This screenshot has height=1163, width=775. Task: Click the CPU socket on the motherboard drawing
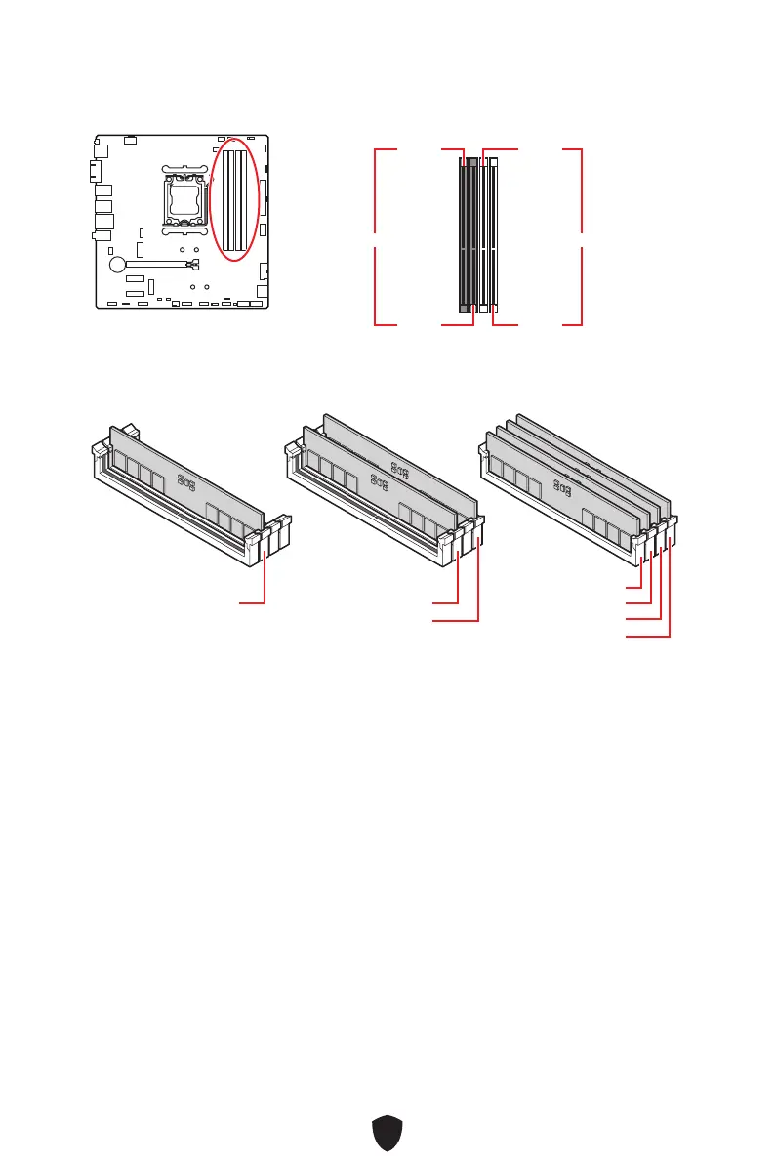pyautogui.click(x=184, y=200)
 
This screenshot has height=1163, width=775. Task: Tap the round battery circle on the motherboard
pyautogui.click(x=117, y=264)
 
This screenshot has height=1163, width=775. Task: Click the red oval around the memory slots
pyautogui.click(x=235, y=200)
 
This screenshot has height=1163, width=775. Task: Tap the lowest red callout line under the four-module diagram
pyautogui.click(x=648, y=637)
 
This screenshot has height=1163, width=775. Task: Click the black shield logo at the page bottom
pyautogui.click(x=387, y=1136)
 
